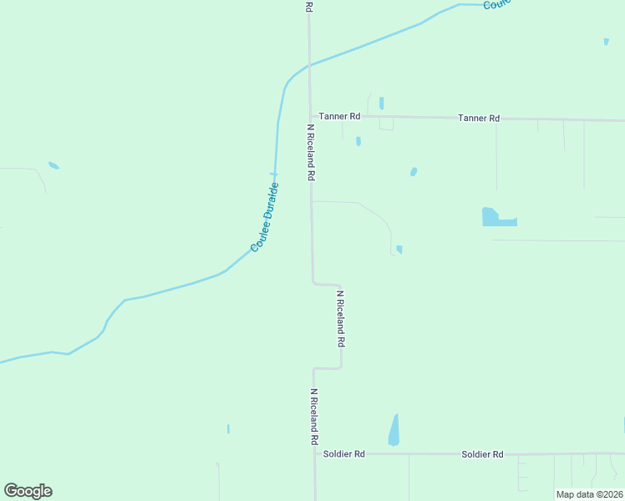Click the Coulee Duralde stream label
pos(264,217)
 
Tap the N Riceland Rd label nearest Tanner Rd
pos(310,153)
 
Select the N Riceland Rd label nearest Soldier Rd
pos(314,416)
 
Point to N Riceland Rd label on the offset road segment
pos(340,319)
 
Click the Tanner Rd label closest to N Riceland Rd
pos(338,116)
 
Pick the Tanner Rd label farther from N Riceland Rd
pos(479,119)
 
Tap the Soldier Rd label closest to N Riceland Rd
pos(343,454)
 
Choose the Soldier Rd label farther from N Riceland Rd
pos(482,454)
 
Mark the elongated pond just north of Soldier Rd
pos(394,431)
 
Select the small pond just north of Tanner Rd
pos(381,104)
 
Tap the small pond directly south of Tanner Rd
pos(358,141)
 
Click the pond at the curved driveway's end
pos(399,249)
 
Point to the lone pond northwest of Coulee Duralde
pos(53,165)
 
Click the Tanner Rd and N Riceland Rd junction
pos(310,116)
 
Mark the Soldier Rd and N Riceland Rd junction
pos(315,454)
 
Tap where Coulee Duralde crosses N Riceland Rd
pos(309,64)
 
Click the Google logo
pos(28,490)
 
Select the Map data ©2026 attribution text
pos(589,494)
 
